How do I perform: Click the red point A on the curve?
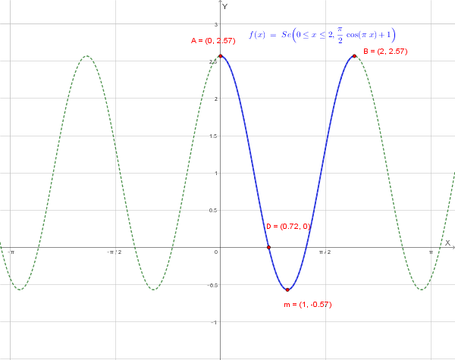tap(221, 56)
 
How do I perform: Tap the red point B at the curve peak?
tap(354, 56)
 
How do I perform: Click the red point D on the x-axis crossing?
tap(268, 247)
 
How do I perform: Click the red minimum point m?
tap(287, 290)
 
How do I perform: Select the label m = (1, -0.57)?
tap(308, 305)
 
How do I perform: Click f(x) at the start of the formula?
tap(258, 35)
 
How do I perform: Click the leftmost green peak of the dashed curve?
tap(87, 56)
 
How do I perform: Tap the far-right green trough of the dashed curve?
tap(422, 290)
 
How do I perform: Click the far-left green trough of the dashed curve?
tap(20, 290)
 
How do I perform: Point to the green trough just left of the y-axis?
tap(154, 290)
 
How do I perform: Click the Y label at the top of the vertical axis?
tap(225, 5)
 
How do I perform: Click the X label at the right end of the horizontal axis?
tap(447, 243)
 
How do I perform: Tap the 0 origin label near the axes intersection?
tap(215, 252)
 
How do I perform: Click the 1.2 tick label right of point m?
tap(325, 252)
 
